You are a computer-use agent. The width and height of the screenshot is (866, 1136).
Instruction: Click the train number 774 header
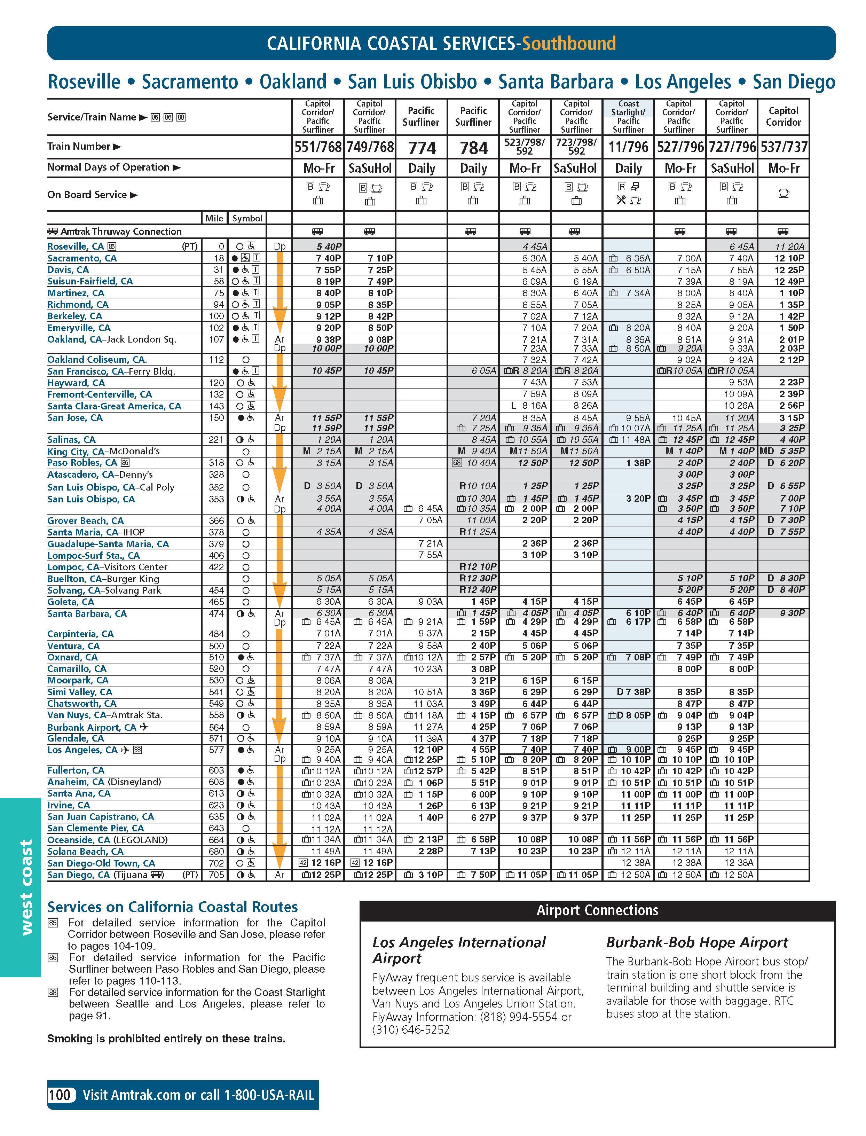pyautogui.click(x=422, y=148)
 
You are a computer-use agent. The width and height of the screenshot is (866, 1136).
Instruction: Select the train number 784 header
pyautogui.click(x=473, y=148)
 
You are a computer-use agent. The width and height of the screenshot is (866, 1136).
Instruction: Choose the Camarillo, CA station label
pyautogui.click(x=77, y=669)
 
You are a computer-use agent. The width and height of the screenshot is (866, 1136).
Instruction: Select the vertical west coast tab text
pyautogui.click(x=26, y=887)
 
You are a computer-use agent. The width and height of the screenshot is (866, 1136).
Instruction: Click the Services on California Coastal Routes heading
pyautogui.click(x=173, y=907)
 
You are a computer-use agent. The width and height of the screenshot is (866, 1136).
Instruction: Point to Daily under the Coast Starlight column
pyautogui.click(x=628, y=169)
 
